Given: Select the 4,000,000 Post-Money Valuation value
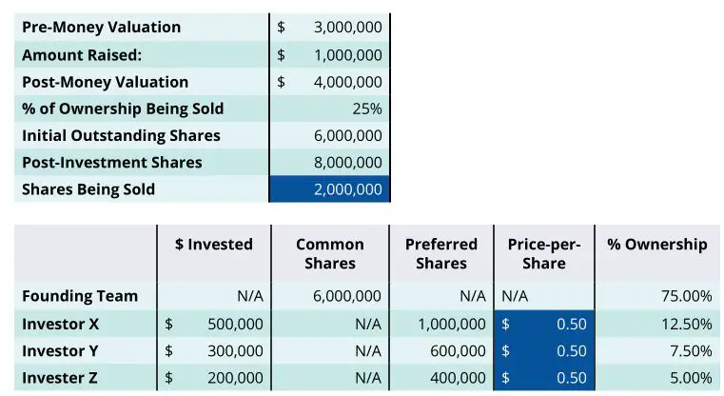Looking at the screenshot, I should [347, 82].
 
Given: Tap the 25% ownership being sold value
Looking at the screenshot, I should [366, 109].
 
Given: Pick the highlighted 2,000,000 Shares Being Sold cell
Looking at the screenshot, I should [347, 189].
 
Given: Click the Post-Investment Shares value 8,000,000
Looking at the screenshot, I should [347, 163].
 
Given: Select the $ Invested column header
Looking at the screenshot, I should [214, 245].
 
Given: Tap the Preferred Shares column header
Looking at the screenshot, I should [440, 253].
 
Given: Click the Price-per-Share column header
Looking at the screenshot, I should [543, 253].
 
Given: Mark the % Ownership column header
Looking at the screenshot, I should [657, 245].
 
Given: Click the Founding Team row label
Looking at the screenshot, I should [80, 296].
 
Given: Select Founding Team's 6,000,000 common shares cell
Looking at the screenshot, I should [347, 296].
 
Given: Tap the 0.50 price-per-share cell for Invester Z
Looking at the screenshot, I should [571, 378].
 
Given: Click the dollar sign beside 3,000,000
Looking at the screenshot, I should [282, 27].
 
